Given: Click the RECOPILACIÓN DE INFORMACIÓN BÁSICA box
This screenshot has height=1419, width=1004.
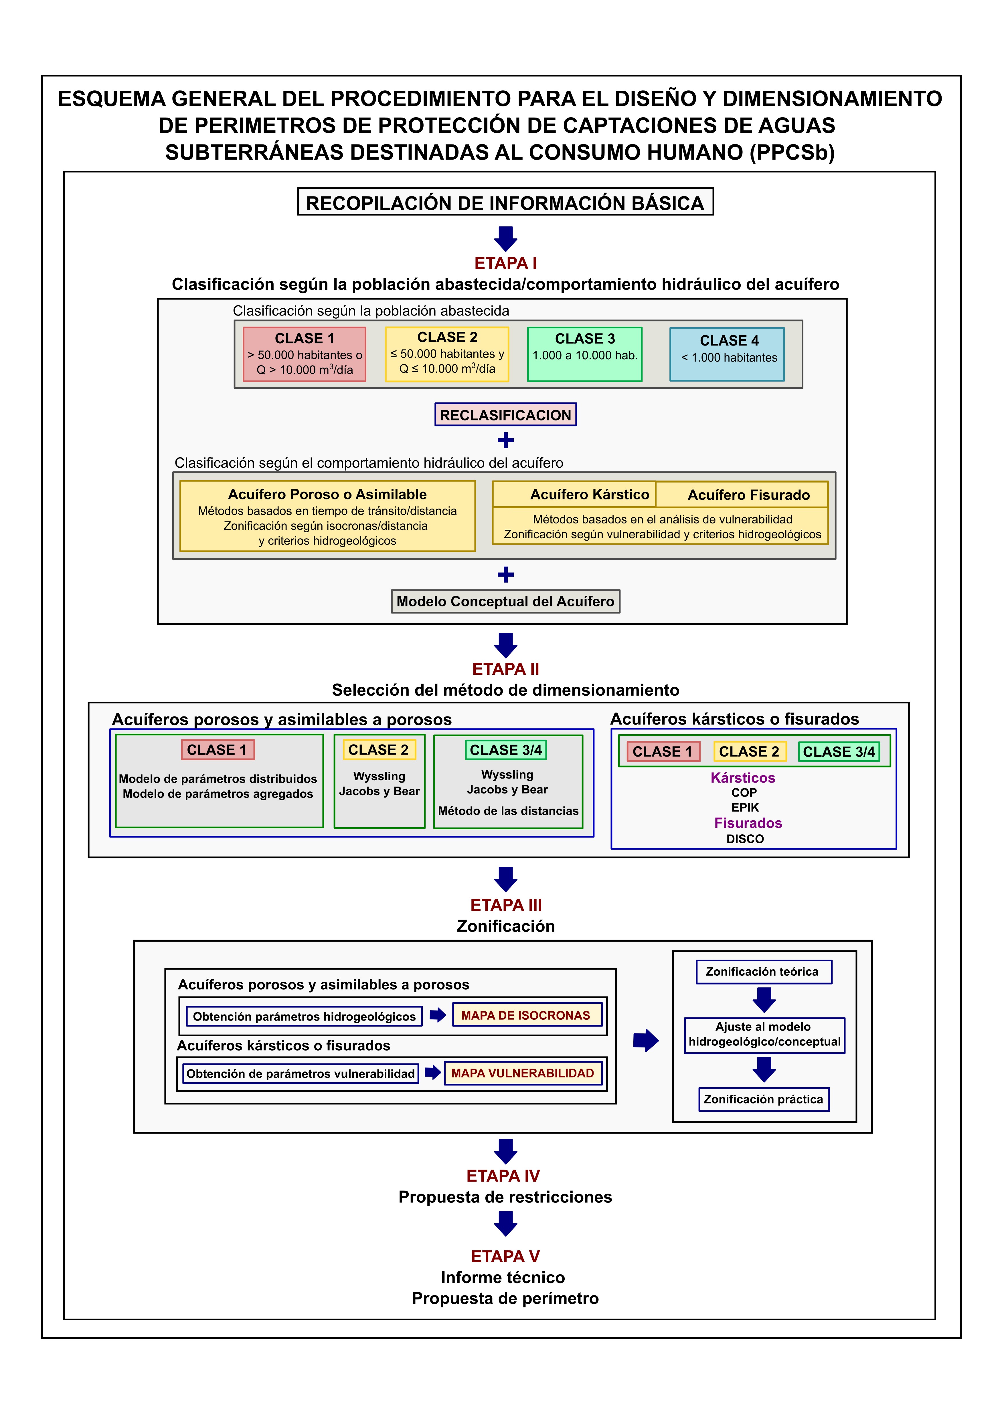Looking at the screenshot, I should tap(505, 202).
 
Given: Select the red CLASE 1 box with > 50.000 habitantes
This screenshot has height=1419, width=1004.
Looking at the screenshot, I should tap(304, 354).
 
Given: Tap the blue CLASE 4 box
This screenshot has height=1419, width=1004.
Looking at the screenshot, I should tap(727, 354).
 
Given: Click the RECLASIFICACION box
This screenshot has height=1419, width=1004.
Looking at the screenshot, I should tap(505, 415).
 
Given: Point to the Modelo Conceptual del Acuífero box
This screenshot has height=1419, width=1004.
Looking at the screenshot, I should tap(505, 601).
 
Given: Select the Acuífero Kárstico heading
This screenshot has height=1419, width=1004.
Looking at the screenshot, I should tap(589, 495).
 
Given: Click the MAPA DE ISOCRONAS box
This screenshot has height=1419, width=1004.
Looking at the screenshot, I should tap(527, 1015).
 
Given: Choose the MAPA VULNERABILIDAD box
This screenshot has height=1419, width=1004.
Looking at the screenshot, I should tap(522, 1073).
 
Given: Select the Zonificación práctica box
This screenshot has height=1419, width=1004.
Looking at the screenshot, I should tap(764, 1100).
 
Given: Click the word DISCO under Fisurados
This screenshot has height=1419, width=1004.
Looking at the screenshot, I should tap(745, 839).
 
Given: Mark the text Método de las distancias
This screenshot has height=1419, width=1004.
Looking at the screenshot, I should tap(508, 811).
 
